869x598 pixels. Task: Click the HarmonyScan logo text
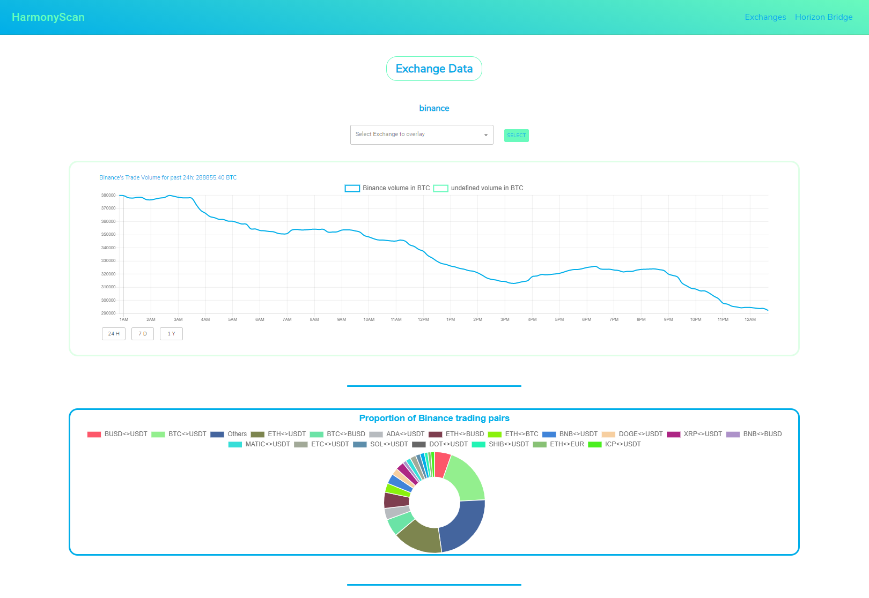coord(48,17)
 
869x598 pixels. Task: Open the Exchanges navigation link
coord(765,17)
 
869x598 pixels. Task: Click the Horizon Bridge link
coord(823,17)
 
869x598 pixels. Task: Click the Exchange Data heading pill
coord(434,69)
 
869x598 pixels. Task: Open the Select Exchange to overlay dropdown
coord(422,134)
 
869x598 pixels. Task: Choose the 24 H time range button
coord(114,334)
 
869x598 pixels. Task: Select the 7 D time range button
coord(143,334)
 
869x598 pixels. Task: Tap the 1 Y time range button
coord(171,334)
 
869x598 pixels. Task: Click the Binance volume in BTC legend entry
coord(387,188)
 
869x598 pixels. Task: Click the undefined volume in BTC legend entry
coord(478,188)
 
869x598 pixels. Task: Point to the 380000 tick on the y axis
coord(108,195)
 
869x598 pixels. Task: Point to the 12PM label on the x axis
coord(423,319)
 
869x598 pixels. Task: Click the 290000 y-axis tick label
coord(108,313)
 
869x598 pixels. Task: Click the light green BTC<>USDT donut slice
coord(466,477)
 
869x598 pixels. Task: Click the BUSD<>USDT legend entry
coord(117,434)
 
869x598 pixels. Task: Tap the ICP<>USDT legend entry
coord(615,444)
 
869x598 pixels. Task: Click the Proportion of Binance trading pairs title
coord(434,418)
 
